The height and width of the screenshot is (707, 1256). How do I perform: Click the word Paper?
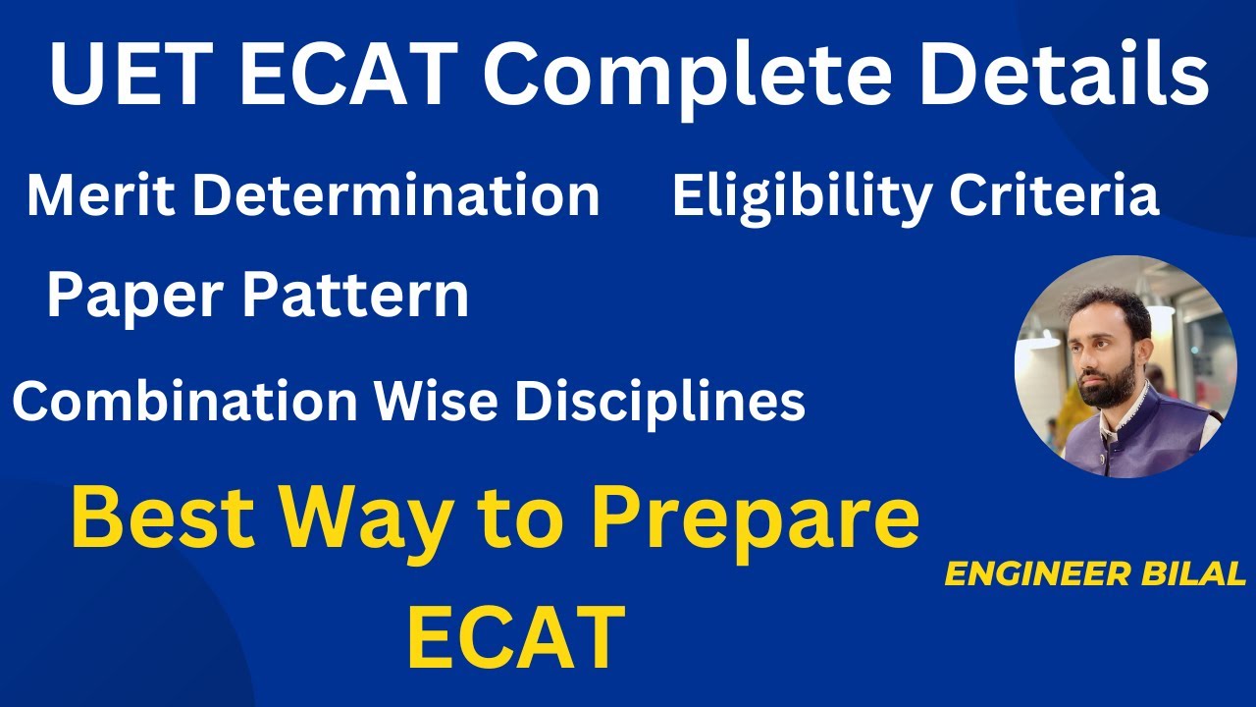(x=135, y=297)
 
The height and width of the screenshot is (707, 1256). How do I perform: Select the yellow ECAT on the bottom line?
(x=516, y=636)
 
